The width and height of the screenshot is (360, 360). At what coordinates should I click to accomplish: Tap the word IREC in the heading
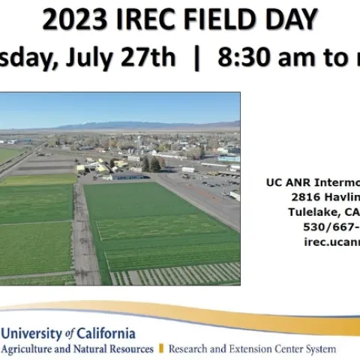(136, 20)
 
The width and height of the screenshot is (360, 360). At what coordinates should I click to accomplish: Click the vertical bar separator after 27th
(196, 58)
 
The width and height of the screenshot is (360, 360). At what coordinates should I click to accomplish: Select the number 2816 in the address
(307, 196)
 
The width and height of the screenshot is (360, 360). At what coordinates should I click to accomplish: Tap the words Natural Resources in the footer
(112, 349)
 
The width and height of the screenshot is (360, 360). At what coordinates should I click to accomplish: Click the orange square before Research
(160, 349)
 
